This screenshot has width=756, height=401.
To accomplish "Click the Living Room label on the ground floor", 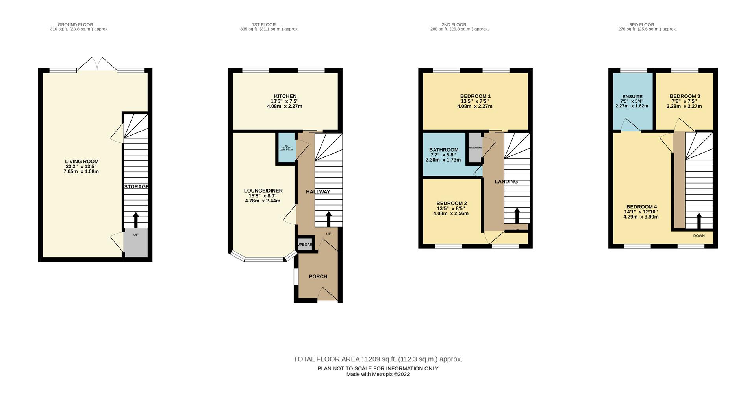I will [82, 162].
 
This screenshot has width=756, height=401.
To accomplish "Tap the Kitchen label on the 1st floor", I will [285, 96].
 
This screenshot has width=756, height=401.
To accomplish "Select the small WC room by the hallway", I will [286, 148].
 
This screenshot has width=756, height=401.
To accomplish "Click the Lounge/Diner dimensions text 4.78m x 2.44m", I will [263, 201].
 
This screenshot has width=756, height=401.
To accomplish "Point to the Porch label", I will [318, 276].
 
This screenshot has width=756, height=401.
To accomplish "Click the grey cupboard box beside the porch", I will [305, 245].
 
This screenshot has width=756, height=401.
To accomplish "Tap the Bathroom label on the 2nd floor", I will [444, 150].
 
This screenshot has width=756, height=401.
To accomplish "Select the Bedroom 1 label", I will [475, 96].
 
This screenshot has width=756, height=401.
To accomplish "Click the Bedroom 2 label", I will [452, 204].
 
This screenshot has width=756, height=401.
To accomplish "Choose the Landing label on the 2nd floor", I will [506, 182].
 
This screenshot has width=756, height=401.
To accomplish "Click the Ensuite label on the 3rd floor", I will [632, 97].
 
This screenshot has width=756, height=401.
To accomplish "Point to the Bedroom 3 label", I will [685, 96].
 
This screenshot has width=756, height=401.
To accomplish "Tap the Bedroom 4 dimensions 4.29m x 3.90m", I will [641, 217].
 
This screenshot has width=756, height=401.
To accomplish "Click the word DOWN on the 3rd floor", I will [699, 236].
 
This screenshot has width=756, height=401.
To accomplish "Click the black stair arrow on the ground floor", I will [136, 219].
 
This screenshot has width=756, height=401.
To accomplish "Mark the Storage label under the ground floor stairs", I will [136, 187].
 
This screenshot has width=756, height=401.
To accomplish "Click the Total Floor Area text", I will [378, 359].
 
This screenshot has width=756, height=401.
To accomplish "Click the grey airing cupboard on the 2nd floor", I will [475, 148].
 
